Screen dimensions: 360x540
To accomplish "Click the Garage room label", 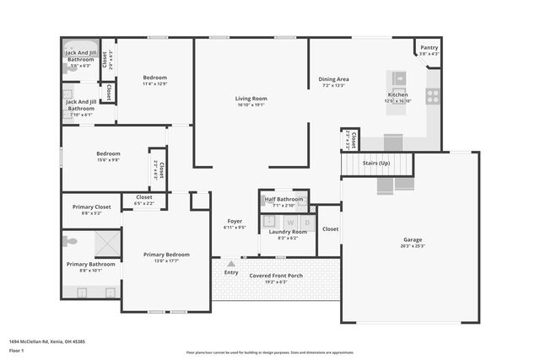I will click(412, 239).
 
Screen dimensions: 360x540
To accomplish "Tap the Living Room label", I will click(251, 99).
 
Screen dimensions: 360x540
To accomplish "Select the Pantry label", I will click(429, 48).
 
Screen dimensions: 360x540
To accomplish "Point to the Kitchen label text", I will click(397, 94).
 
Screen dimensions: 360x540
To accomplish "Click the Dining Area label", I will click(333, 79).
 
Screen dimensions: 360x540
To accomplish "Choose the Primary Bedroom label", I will click(166, 254).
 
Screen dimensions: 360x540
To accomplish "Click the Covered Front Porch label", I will click(276, 275).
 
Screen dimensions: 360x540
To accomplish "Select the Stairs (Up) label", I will click(375, 163).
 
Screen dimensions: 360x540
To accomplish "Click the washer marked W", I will click(291, 222).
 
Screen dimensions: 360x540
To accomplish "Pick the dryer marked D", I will click(306, 222).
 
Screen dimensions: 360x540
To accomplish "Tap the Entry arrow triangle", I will click(231, 264).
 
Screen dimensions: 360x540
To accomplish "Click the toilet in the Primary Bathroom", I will click(70, 241).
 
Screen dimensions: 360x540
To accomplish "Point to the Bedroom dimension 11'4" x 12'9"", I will click(154, 83).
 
